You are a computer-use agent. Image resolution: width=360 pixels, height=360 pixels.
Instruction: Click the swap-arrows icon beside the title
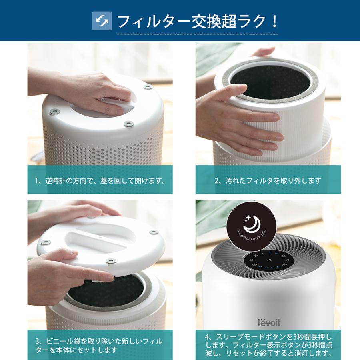(102, 21)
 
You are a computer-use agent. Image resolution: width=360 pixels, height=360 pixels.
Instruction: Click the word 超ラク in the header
(244, 21)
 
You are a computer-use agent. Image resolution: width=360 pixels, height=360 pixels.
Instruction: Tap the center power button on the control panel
(269, 260)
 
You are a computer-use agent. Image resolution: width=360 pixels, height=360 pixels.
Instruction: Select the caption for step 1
(100, 180)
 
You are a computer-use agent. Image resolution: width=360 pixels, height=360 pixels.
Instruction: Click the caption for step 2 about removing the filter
(268, 180)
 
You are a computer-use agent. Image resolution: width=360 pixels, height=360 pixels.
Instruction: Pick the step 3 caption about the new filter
(100, 346)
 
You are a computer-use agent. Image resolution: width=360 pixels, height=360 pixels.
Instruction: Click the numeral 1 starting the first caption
(37, 180)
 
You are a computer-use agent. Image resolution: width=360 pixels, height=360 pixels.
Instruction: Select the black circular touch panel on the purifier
(269, 260)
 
